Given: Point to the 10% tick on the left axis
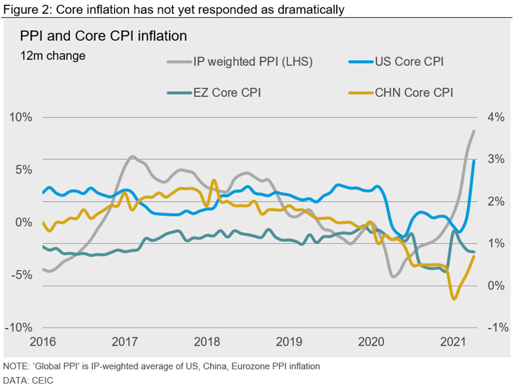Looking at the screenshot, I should pos(21,116).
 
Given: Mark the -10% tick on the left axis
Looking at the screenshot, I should pos(19,327).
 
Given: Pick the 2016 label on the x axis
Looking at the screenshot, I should pos(42,343).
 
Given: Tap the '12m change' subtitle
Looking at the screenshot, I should pos(53,56).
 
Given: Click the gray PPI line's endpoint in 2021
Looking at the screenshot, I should pos(474,131).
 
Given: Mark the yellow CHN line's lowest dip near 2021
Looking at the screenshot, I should pos(454,299).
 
